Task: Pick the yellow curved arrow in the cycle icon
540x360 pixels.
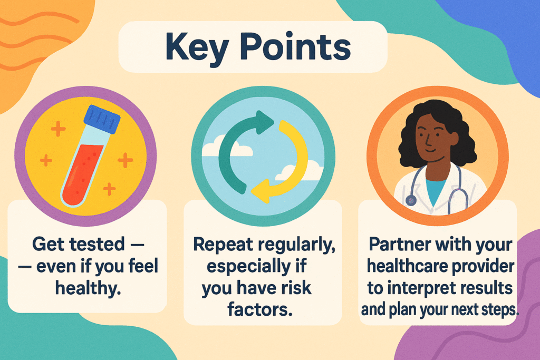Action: tap(287, 163)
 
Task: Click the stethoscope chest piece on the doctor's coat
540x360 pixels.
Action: tap(410, 200)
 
